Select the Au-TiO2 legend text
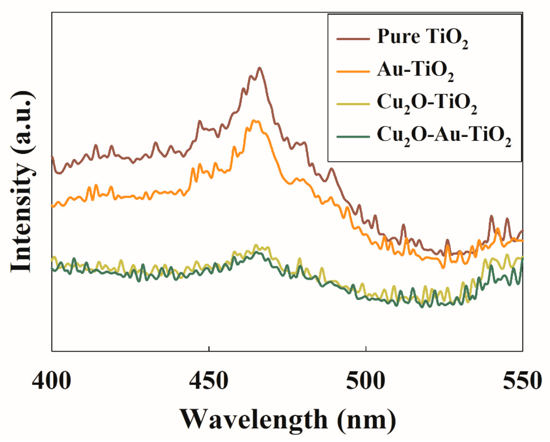tap(415, 70)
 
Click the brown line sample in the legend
tap(353, 39)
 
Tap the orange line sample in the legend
tap(353, 72)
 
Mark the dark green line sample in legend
tap(353, 137)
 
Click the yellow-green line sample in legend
tap(353, 104)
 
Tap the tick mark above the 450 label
tap(209, 349)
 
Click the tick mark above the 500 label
tap(366, 349)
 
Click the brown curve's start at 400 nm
tap(52, 156)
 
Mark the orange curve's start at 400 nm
tap(52, 206)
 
